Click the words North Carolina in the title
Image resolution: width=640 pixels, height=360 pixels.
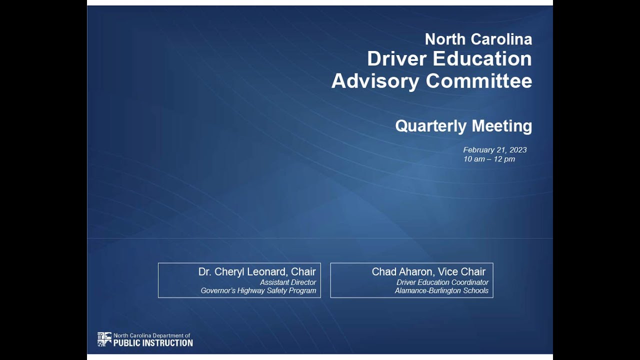pos(478,39)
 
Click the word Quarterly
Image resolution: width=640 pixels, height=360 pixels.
pos(430,126)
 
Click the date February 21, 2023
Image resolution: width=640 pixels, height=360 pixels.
pos(494,150)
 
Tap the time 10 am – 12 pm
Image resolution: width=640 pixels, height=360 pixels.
pos(488,159)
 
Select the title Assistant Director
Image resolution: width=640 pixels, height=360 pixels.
pos(288,282)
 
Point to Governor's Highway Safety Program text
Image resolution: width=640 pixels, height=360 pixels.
pos(258,290)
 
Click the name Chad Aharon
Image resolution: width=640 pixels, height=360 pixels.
pos(402,272)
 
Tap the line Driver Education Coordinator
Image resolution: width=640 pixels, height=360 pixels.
pos(442,282)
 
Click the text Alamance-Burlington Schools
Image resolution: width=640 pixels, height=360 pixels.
pos(441,290)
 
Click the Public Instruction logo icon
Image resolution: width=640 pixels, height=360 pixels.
pos(104,339)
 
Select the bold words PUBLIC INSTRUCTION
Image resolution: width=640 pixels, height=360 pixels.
pos(153,343)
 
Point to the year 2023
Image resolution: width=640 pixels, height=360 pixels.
pos(518,150)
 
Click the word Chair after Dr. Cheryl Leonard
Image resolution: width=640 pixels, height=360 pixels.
pos(303,272)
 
